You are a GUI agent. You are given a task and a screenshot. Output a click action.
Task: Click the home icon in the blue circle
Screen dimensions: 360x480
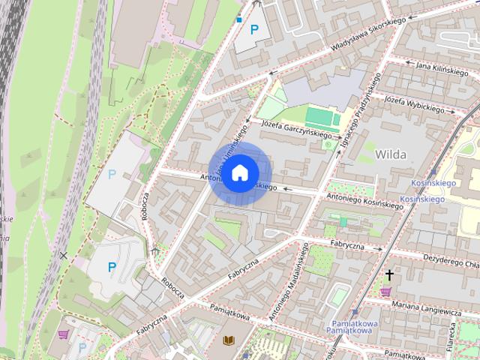coord(239,173)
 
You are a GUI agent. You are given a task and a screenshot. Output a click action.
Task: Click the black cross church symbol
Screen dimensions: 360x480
coord(389,275)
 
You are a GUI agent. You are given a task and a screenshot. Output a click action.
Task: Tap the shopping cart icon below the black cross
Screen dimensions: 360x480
coord(386,292)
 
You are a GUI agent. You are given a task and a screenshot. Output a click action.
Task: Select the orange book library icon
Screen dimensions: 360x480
coord(229,342)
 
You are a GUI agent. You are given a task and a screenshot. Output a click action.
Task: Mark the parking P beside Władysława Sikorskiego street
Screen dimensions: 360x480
coord(255,30)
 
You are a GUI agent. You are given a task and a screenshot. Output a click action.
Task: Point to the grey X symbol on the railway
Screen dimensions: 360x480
coord(64,256)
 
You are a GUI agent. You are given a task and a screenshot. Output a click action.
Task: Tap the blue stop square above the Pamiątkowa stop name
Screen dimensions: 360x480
coord(355,312)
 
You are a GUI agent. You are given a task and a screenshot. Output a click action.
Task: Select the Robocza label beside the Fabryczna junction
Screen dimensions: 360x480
coord(172,291)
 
